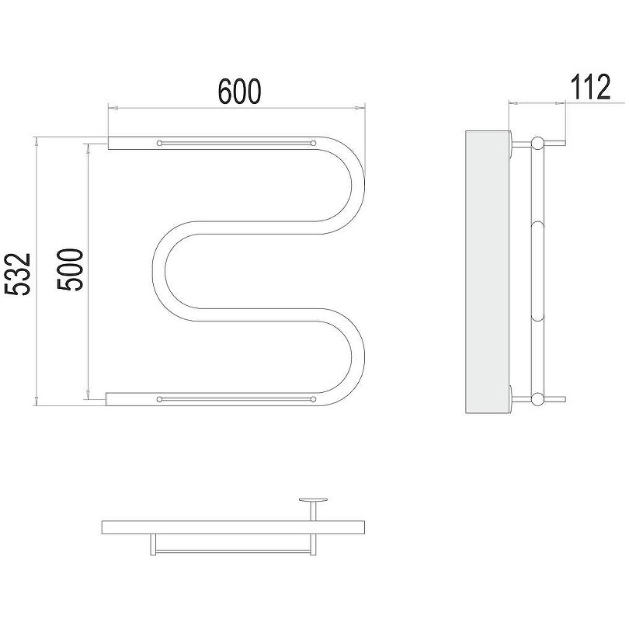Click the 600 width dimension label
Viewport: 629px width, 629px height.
pyautogui.click(x=239, y=92)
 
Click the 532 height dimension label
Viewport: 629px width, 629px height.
pyautogui.click(x=18, y=274)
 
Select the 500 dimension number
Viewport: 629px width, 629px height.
pyautogui.click(x=70, y=269)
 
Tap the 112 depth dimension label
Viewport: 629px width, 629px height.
pyautogui.click(x=590, y=87)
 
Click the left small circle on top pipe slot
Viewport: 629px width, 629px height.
pyautogui.click(x=159, y=143)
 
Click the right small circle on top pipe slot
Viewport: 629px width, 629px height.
pyautogui.click(x=313, y=143)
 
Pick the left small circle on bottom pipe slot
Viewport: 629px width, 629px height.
pyautogui.click(x=159, y=399)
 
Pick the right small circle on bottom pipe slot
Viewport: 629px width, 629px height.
pyautogui.click(x=313, y=399)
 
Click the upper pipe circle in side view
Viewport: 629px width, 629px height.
pyautogui.click(x=537, y=143)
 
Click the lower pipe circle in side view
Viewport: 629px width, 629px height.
pyautogui.click(x=537, y=398)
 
